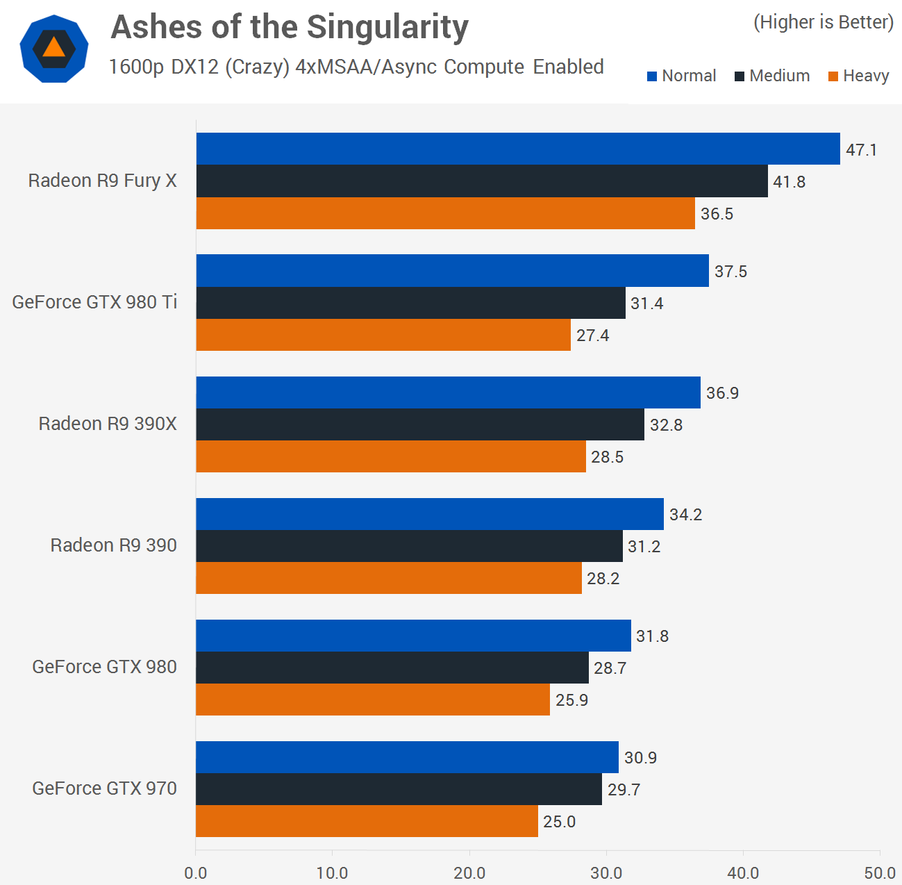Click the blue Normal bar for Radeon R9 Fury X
[518, 149]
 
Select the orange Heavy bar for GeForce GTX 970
[367, 821]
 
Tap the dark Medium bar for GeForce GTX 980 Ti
[410, 303]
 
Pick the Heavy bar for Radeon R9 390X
[391, 456]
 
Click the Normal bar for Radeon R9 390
[430, 514]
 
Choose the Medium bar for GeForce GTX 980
[392, 668]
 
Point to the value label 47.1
[861, 150]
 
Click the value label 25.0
[559, 822]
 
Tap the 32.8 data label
[666, 425]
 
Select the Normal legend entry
[681, 76]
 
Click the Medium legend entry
[772, 76]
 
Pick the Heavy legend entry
[859, 76]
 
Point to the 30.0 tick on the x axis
[606, 873]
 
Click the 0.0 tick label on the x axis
[196, 873]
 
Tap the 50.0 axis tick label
[880, 873]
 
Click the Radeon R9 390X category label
[108, 424]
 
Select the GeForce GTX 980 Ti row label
[94, 302]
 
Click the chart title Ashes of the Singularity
[290, 28]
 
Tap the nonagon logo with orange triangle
[54, 49]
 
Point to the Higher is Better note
[823, 22]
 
